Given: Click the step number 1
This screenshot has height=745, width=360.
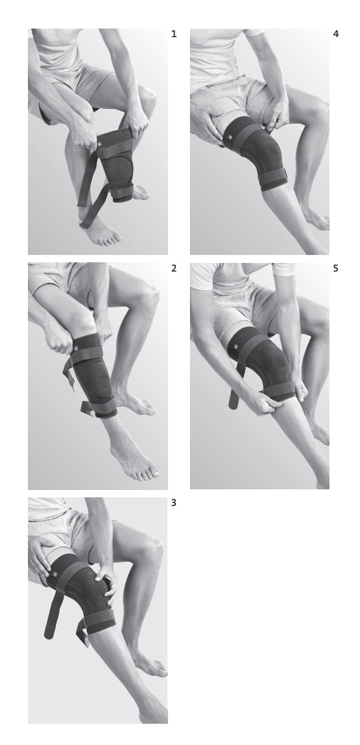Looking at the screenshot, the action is tap(173, 34).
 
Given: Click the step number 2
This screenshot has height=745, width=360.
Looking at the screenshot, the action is tap(173, 268).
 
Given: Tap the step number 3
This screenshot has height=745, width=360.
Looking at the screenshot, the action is tap(173, 502).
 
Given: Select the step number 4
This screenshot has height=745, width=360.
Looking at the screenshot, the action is tap(335, 34).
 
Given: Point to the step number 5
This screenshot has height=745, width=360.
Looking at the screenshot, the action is tap(335, 268).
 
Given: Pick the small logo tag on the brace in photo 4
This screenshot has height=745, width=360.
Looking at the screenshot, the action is tap(228, 138).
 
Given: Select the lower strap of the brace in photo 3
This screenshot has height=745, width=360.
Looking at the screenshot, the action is tap(100, 621).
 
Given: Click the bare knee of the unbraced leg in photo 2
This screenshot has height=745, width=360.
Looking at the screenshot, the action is tap(147, 297).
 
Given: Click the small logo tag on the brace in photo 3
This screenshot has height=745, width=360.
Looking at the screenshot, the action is tap(54, 574).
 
